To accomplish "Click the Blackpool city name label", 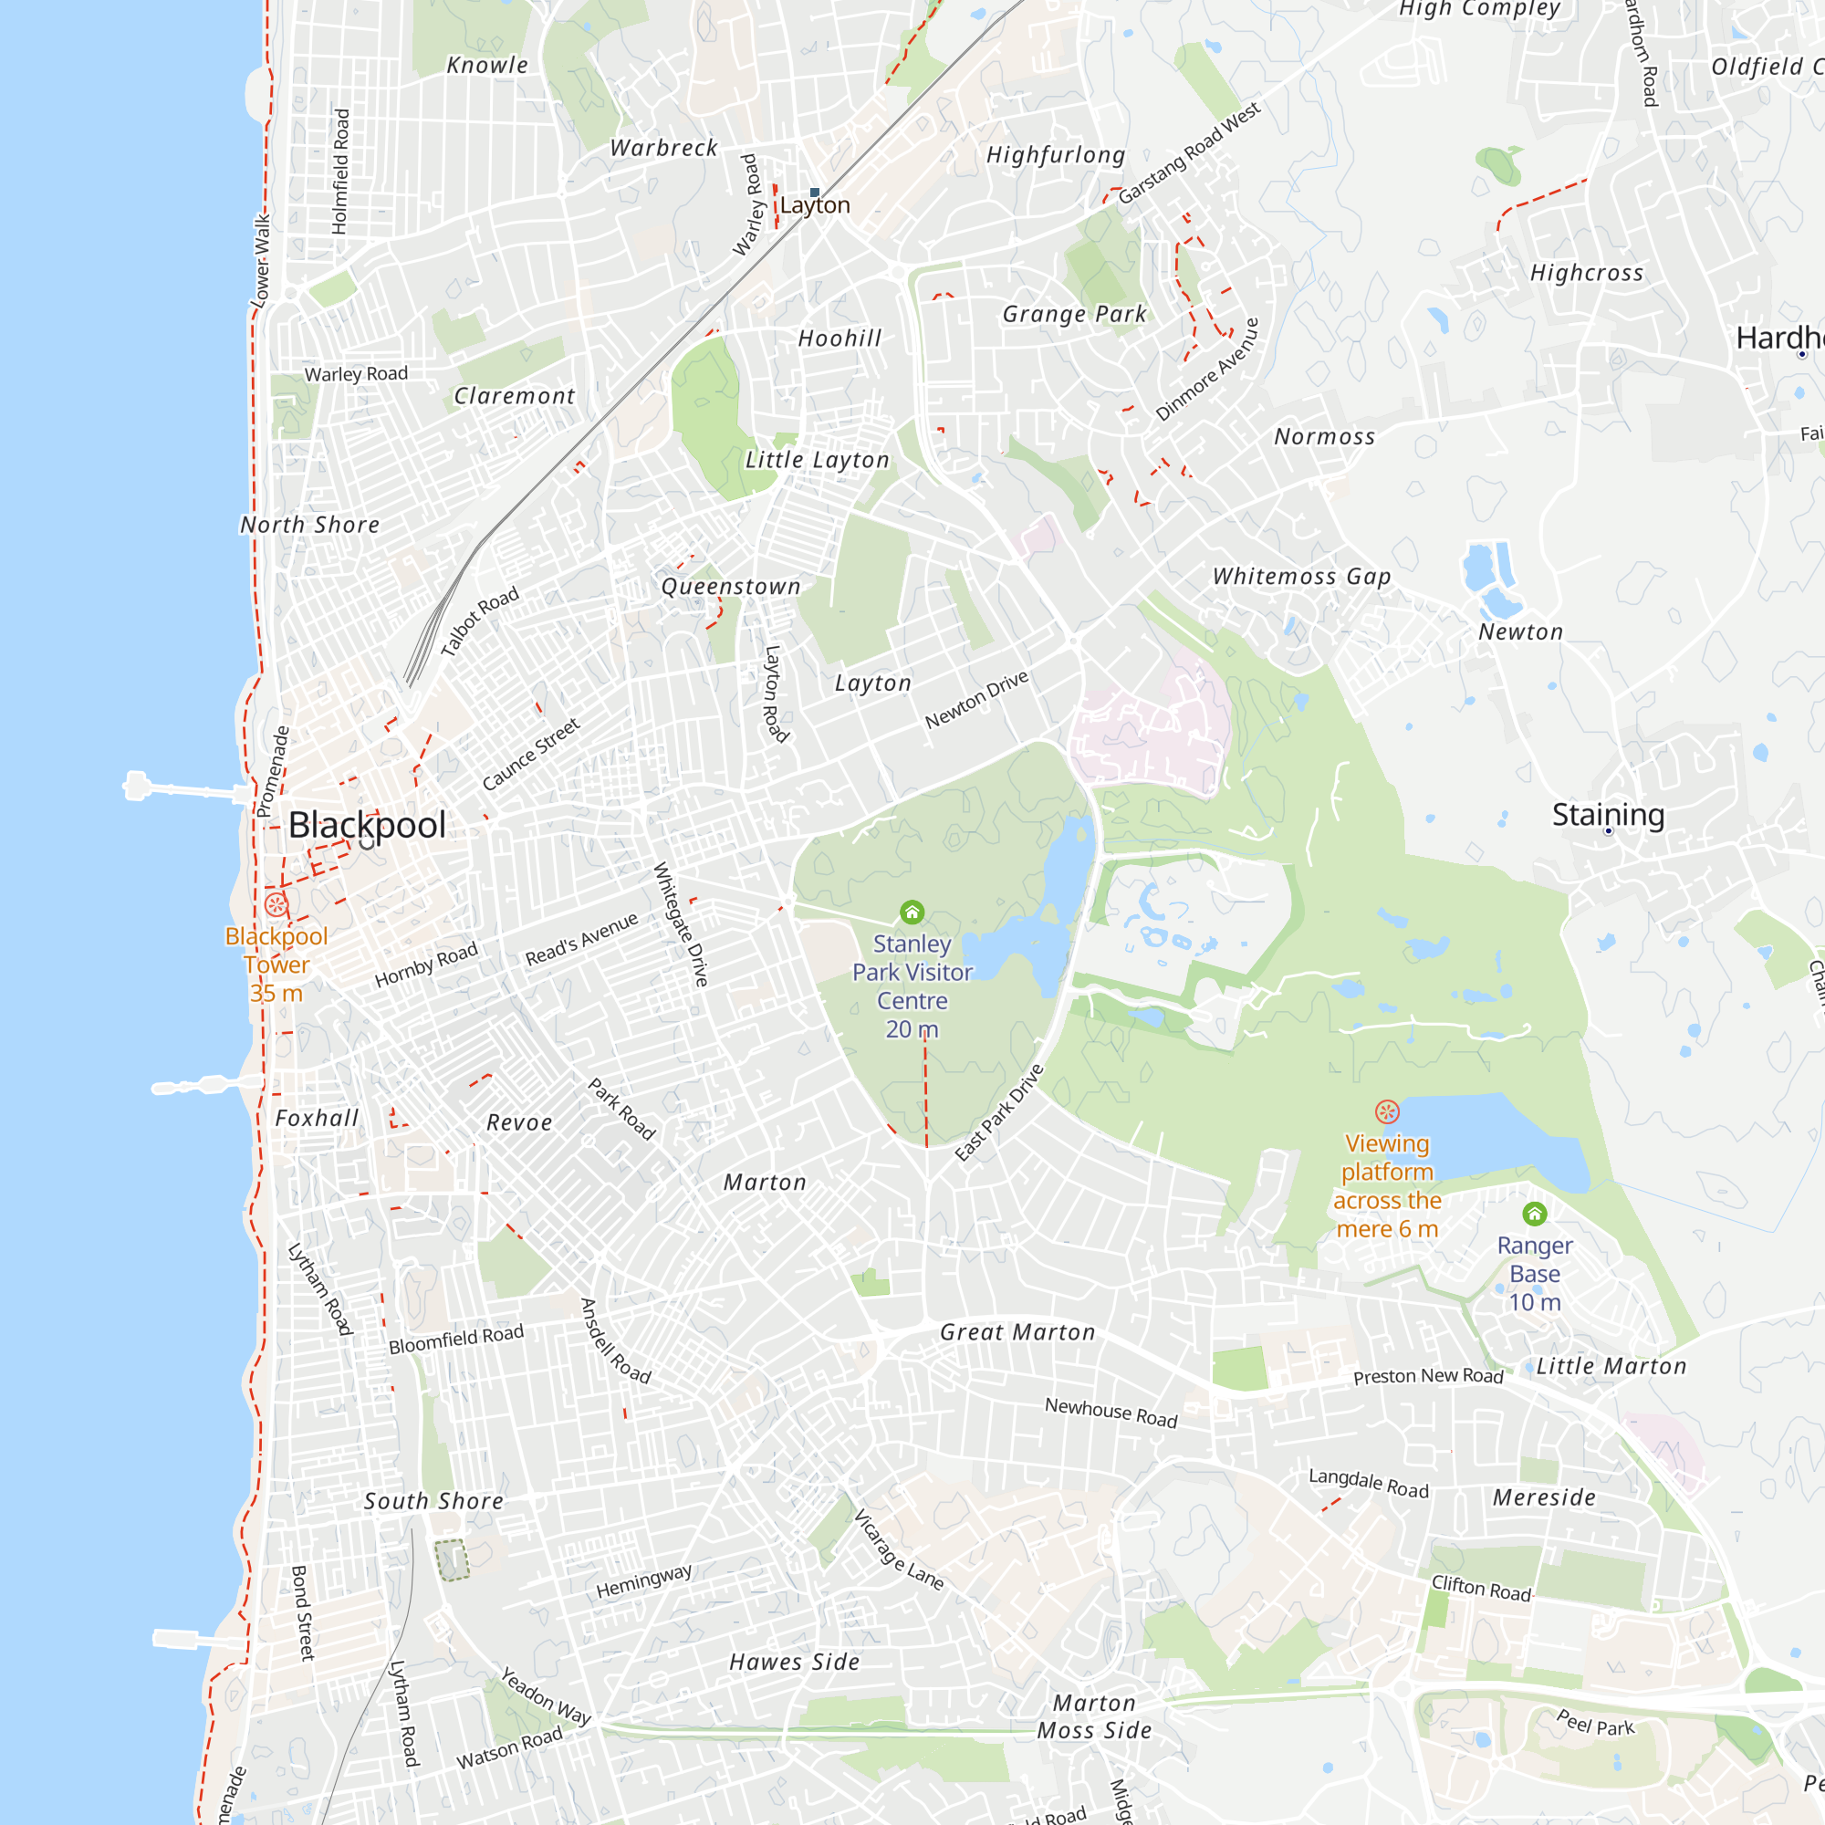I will pos(367,826).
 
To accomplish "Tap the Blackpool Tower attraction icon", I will pos(276,904).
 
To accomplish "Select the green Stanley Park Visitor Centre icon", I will pos(912,912).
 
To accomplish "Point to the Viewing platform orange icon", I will pos(1387,1111).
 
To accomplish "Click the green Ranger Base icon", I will pos(1535,1214).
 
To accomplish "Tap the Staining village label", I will pos(1608,814).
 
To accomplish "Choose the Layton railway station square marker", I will pos(814,193).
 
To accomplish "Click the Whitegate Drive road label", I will pos(681,923).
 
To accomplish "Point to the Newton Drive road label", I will pos(975,700).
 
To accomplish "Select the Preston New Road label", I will pos(1428,1376).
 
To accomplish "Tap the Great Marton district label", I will pos(1017,1332).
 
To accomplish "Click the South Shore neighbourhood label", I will pos(433,1501).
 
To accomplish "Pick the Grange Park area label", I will pos(1074,314).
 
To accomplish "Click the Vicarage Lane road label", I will pos(898,1550).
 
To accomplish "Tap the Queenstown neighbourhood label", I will pos(731,587).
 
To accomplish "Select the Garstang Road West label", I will pos(1189,153).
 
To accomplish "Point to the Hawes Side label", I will pos(795,1662).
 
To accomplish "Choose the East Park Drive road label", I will pos(999,1111).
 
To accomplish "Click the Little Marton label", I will pos(1611,1366).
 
